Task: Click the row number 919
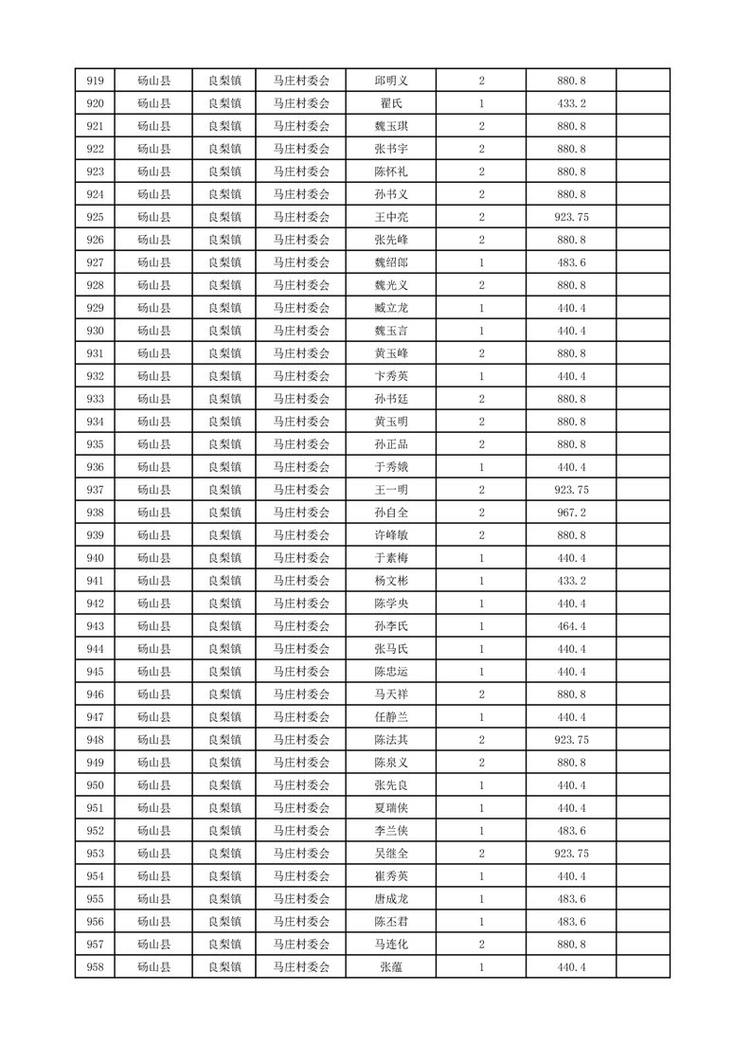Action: tap(95, 81)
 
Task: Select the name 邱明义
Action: tap(391, 81)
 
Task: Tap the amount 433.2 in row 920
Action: tap(571, 103)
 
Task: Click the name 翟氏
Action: tap(391, 103)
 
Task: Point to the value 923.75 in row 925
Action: tap(571, 217)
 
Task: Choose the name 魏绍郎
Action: tap(391, 262)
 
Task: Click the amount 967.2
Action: tap(571, 513)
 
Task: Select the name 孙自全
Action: tap(391, 513)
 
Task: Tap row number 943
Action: tap(95, 626)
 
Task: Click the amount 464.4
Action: tap(571, 626)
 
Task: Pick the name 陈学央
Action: tap(391, 604)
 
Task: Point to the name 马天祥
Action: tap(391, 694)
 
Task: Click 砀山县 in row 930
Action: tap(153, 331)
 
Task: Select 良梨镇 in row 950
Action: tap(224, 785)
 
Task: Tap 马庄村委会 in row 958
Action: tap(301, 967)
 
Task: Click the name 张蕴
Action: tap(391, 967)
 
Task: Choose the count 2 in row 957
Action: tap(482, 945)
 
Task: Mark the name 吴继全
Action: tap(391, 854)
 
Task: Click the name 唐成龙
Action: tap(391, 899)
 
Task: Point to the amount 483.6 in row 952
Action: tap(571, 831)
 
